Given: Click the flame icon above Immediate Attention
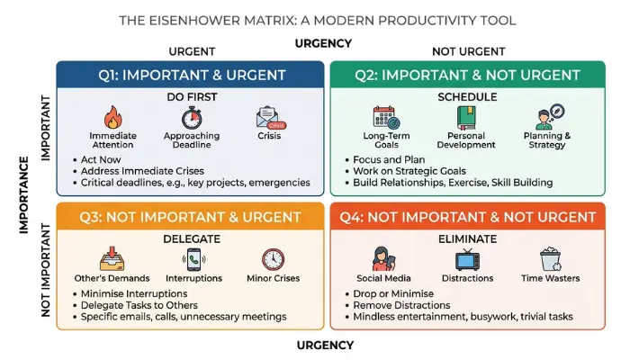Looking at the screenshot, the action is tap(112, 117).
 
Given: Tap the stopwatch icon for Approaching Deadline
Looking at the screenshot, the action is tap(192, 118).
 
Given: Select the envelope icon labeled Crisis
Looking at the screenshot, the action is tap(271, 118).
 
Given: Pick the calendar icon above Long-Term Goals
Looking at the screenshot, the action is tap(386, 117).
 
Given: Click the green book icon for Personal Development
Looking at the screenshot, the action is tap(466, 118).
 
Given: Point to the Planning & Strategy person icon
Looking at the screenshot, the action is tap(550, 117).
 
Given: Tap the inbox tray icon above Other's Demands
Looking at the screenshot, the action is tap(112, 259).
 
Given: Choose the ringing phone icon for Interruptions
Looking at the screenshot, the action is tap(193, 259).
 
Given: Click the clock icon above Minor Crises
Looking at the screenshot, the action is tap(274, 259).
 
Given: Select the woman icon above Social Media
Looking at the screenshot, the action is tap(383, 259).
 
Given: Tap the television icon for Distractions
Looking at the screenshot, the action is tap(467, 259).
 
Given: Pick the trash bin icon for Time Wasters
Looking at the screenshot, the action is tap(551, 259).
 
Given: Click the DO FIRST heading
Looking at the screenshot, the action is tap(192, 97).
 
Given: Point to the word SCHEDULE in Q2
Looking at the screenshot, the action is tap(467, 97).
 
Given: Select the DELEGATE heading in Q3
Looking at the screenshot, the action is tap(192, 239).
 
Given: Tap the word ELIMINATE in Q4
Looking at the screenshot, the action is tap(467, 239).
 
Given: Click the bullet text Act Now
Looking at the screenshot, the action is tap(101, 159).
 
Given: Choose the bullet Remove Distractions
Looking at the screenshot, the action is tap(401, 305).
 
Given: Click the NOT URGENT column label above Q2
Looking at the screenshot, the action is tap(469, 51).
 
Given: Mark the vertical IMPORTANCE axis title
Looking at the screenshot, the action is tap(24, 195).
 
